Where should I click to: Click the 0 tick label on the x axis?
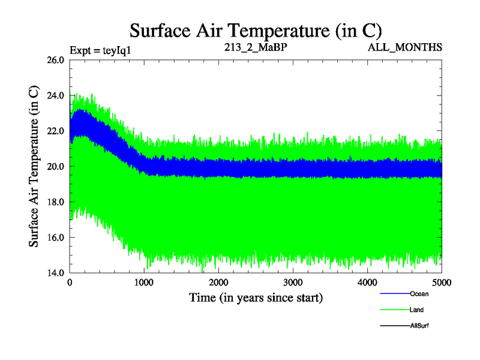pyautogui.click(x=70, y=283)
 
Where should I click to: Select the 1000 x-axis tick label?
pyautogui.click(x=145, y=283)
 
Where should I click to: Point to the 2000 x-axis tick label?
pyautogui.click(x=219, y=283)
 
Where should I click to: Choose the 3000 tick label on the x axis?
pyautogui.click(x=293, y=283)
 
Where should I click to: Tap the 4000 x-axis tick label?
pyautogui.click(x=367, y=283)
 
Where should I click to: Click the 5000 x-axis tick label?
pyautogui.click(x=441, y=283)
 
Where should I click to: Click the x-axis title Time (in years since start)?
pyautogui.click(x=256, y=297)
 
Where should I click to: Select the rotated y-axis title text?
pyautogui.click(x=34, y=166)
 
